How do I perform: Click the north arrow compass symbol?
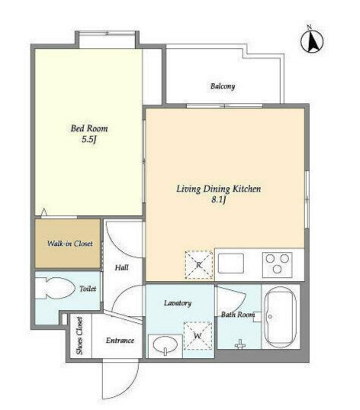pyautogui.click(x=312, y=40)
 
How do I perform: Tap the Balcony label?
pyautogui.click(x=223, y=86)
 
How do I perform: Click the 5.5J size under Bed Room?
pyautogui.click(x=89, y=140)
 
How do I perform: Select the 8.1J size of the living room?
pyautogui.click(x=218, y=200)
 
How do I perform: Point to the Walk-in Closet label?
pyautogui.click(x=69, y=244)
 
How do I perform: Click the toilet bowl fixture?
pyautogui.click(x=56, y=288)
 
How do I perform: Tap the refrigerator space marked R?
pyautogui.click(x=199, y=265)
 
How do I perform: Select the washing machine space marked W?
pyautogui.click(x=198, y=335)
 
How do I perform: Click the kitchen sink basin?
pyautogui.click(x=231, y=263)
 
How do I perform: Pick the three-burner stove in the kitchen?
pyautogui.click(x=277, y=265)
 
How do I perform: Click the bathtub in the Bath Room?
pyautogui.click(x=280, y=317)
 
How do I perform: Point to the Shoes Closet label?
pyautogui.click(x=79, y=336)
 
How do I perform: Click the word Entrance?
pyautogui.click(x=120, y=341)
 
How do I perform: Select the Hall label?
pyautogui.click(x=122, y=267)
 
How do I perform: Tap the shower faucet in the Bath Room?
pyautogui.click(x=240, y=344)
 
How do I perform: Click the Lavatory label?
pyautogui.click(x=178, y=303)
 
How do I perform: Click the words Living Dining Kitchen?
pyautogui.click(x=218, y=189)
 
